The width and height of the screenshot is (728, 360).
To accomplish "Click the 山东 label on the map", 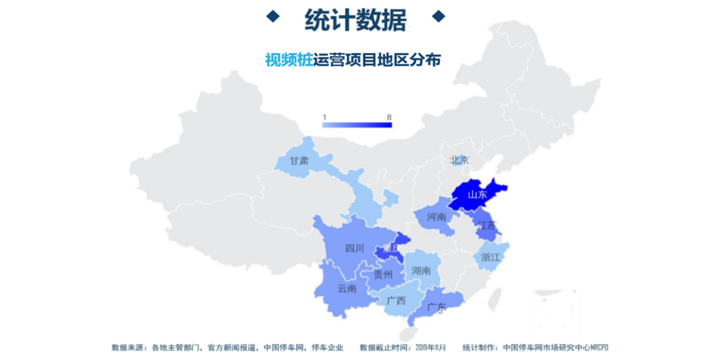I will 477,195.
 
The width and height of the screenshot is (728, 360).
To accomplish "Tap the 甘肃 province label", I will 299,161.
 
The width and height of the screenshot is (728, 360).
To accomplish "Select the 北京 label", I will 460,161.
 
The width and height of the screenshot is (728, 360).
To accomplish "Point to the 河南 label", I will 437,218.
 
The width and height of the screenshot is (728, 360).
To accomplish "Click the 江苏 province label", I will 487,225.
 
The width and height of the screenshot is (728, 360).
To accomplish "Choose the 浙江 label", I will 490,258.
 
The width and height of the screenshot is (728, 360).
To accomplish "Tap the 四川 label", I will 355,248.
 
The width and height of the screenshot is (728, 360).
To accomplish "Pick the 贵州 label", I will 383,275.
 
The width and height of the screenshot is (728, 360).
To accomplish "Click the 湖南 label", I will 421,271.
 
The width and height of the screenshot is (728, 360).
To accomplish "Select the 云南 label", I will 347,289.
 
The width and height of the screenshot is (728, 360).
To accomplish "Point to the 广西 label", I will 396,300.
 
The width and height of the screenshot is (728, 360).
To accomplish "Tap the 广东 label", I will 437,307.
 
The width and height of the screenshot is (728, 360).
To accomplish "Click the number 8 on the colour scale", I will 389,117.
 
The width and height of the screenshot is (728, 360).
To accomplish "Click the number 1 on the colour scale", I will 325,117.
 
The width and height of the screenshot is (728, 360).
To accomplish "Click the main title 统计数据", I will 355,20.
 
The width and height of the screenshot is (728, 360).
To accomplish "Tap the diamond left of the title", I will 272,16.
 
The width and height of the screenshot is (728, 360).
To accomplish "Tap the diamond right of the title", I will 439,16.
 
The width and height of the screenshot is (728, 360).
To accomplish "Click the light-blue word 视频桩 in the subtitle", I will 289,60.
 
